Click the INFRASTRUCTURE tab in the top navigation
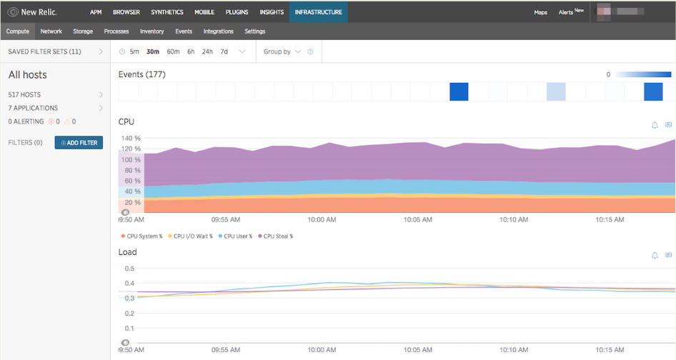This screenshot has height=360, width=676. tap(318, 12)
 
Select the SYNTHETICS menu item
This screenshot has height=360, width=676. tap(167, 12)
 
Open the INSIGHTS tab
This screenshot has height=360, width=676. tap(272, 12)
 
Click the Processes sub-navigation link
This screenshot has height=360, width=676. tap(116, 31)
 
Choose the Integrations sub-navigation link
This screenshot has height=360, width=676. tap(219, 31)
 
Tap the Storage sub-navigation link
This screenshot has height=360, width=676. tap(83, 31)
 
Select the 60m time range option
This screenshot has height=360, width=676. tap(173, 51)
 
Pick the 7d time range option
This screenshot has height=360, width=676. tap(224, 51)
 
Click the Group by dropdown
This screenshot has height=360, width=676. tap(282, 51)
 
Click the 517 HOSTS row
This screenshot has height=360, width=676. tap(54, 94)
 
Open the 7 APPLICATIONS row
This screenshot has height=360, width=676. tap(54, 108)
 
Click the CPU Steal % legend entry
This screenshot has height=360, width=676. tap(278, 236)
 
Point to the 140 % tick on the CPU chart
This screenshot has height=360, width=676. tap(131, 138)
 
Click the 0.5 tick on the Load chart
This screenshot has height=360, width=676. tap(129, 269)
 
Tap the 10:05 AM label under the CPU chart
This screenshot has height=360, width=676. tap(417, 220)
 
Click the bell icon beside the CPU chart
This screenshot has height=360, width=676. tap(655, 125)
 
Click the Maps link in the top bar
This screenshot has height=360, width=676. tap(541, 12)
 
